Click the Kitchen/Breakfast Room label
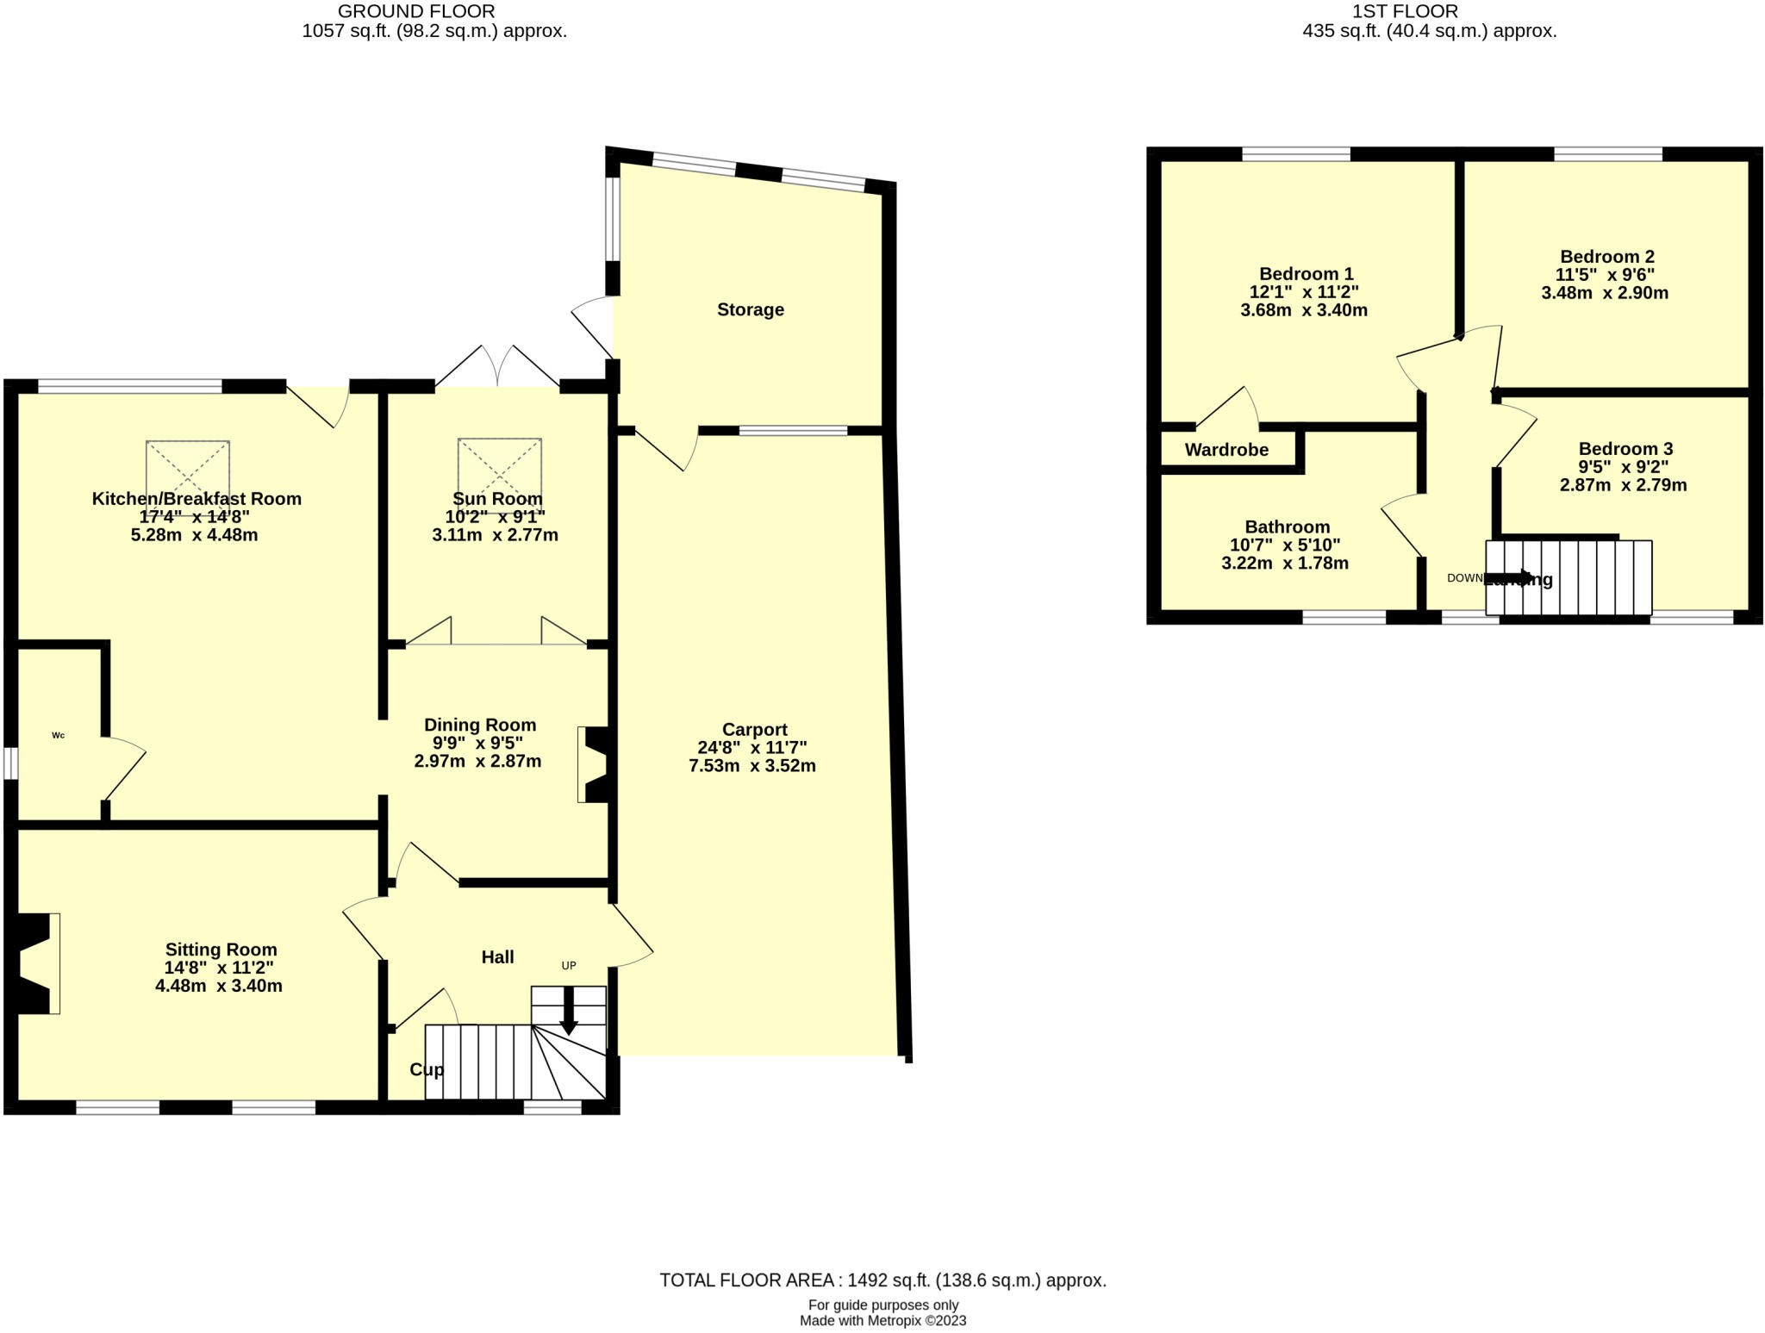[196, 498]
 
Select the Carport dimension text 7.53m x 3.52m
[752, 765]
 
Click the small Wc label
[59, 735]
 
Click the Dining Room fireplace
[595, 764]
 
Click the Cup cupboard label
[427, 1069]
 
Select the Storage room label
[750, 309]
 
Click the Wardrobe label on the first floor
[1226, 449]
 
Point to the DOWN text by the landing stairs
[1464, 578]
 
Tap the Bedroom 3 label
[1625, 448]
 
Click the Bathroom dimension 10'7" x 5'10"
[1284, 545]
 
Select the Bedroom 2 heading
[1606, 256]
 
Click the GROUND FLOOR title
[416, 11]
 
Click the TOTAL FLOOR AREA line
[882, 1280]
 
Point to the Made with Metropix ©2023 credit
[882, 1320]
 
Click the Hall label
[497, 956]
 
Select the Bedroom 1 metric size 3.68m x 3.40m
[1303, 310]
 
